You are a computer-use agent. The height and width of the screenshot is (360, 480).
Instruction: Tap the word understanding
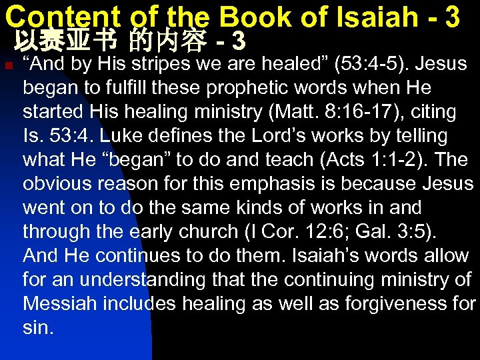pos(130,280)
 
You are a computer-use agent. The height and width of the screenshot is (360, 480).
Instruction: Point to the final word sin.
pos(37,328)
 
